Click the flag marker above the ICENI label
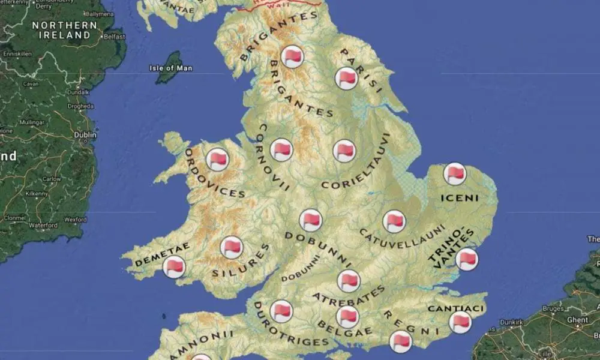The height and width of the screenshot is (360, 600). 455,173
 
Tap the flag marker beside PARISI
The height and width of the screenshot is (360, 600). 346,79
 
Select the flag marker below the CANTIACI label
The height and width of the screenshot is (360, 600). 460,322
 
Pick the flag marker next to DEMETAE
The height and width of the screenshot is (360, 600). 174,266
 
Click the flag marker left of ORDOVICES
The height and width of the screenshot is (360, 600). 217,160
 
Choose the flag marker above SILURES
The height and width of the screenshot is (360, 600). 232,247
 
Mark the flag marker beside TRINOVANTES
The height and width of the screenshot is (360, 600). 467,259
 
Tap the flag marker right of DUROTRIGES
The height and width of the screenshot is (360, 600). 281,311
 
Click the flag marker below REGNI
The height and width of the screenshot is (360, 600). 400,342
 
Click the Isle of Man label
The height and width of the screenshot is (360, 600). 171,68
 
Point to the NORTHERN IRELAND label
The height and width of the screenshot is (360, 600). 64,30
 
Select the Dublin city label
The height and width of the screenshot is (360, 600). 85,135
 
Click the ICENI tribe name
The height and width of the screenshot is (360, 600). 460,198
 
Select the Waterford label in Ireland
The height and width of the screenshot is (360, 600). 43,226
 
